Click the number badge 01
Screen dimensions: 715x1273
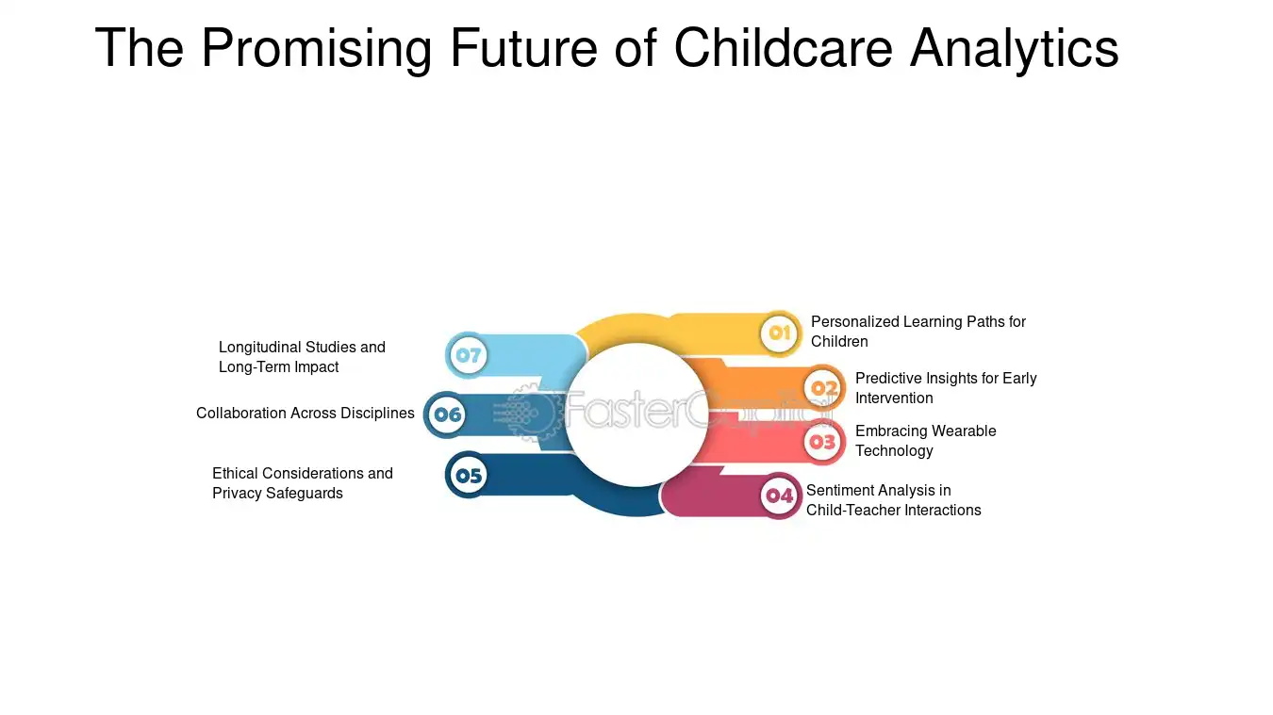click(780, 333)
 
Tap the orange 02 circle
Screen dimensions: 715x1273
click(823, 388)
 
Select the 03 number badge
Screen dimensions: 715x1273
click(823, 441)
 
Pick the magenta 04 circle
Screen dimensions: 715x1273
click(779, 496)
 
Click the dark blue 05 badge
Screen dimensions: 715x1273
click(468, 476)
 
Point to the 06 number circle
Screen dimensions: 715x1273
click(447, 414)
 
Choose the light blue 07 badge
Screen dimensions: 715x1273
click(468, 356)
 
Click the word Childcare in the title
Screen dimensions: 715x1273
click(783, 48)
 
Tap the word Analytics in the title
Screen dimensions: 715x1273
click(1014, 48)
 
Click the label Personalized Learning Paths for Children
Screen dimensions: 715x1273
click(918, 332)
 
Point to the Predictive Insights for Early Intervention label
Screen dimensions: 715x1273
click(945, 388)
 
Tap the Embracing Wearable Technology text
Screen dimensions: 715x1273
click(925, 441)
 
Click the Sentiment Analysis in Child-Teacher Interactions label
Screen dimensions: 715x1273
click(893, 500)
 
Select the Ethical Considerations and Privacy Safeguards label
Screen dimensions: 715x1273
click(302, 483)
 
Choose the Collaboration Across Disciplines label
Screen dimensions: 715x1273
click(305, 413)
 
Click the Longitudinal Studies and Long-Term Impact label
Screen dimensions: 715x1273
click(302, 357)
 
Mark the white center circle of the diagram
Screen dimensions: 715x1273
click(636, 414)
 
